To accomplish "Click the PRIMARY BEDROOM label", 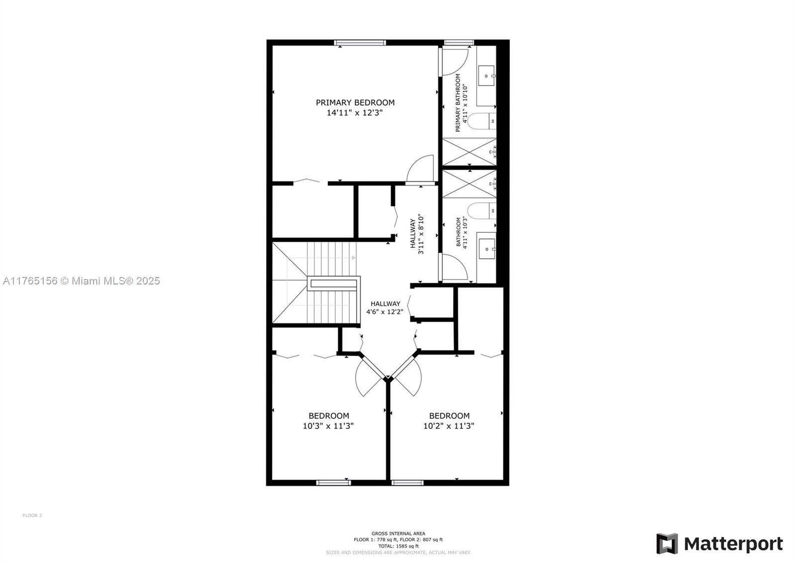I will (355, 102).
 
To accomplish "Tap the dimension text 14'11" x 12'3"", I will (354, 113).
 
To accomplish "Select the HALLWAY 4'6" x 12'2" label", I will (385, 308).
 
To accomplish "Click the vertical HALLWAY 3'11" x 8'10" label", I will (416, 234).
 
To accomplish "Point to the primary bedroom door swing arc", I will (420, 169).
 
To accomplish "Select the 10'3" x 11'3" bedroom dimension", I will (328, 426).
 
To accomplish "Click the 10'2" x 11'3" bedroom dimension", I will (449, 426).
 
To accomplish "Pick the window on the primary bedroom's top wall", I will (360, 43).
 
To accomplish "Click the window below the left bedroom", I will (333, 482).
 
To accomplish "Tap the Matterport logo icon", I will (667, 544).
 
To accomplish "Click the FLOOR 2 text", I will (32, 516).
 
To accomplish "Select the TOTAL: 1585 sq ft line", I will (398, 546).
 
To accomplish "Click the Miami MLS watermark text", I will (82, 281).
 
